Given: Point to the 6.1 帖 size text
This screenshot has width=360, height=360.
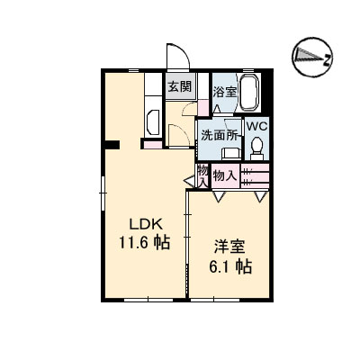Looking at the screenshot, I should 231,266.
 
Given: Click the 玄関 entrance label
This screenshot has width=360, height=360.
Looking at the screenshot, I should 178,87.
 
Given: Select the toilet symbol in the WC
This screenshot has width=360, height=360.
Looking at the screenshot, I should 256,145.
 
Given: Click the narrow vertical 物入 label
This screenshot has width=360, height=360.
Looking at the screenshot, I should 203,175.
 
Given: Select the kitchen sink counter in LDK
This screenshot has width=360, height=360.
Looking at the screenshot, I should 151,122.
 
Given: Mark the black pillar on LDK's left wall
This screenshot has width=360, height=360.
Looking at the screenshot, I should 111,145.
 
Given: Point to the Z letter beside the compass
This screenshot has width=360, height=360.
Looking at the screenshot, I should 328,60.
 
